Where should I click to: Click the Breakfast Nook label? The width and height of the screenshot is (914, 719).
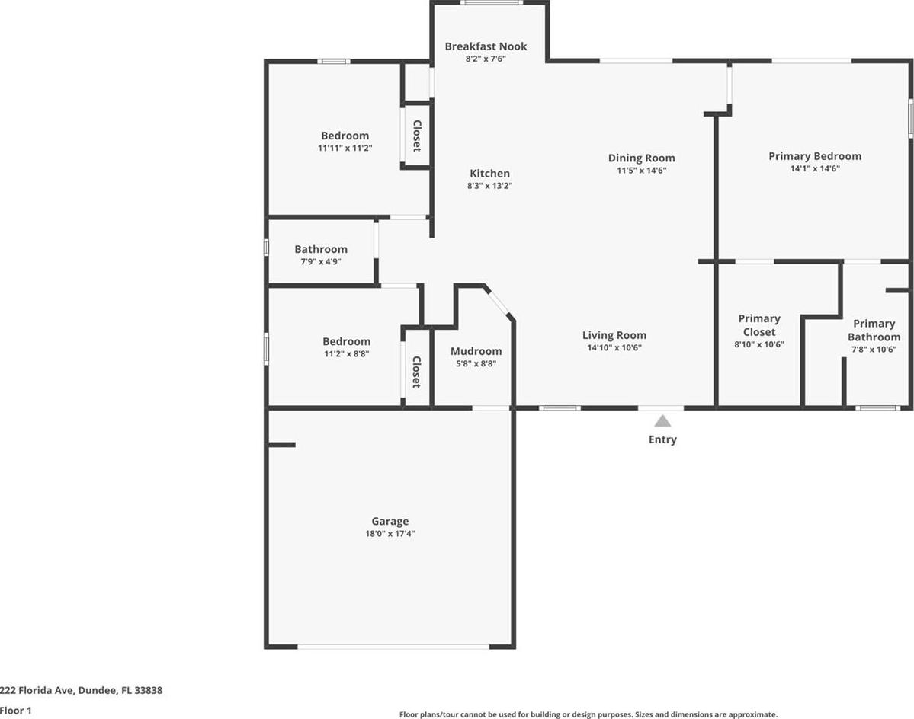click(486, 46)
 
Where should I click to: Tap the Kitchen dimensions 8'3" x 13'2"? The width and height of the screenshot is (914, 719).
click(489, 186)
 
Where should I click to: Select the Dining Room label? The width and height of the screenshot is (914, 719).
click(642, 158)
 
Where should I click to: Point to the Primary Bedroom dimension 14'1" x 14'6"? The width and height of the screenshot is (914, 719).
click(815, 169)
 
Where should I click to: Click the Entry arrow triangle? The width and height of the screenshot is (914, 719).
click(662, 421)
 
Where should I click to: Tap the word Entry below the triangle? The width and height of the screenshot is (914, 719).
click(662, 439)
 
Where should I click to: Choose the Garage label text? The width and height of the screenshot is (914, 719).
click(390, 522)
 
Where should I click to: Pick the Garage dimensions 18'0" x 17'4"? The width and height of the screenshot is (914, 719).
click(390, 534)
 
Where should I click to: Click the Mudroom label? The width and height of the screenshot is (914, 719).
click(476, 351)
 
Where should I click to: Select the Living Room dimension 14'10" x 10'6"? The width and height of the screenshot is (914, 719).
click(614, 347)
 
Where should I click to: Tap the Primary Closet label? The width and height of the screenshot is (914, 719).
click(759, 325)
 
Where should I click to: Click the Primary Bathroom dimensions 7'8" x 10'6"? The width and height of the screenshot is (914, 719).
click(874, 350)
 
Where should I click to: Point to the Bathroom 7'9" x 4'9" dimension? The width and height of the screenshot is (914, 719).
click(321, 262)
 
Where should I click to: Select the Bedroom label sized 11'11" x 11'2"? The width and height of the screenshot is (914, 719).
click(345, 136)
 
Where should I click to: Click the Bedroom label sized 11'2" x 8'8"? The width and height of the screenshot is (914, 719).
click(346, 342)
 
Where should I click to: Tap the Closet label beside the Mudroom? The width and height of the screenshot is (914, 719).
click(417, 372)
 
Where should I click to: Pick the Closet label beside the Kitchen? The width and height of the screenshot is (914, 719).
click(418, 136)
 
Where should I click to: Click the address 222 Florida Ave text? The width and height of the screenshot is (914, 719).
click(37, 691)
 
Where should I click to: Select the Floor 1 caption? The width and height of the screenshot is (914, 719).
click(16, 711)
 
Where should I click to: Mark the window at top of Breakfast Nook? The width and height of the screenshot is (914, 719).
click(491, 2)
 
